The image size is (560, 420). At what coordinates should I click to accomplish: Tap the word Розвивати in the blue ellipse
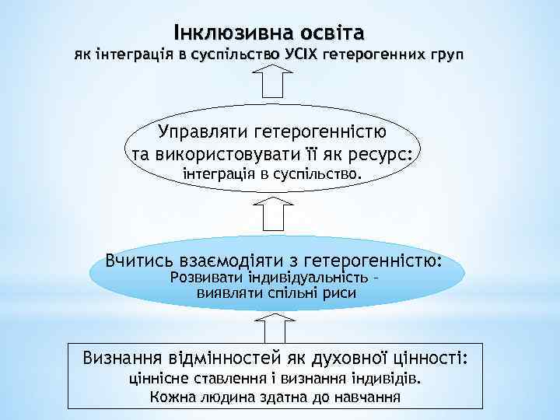(205, 278)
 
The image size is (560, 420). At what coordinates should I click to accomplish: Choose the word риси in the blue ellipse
(341, 293)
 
